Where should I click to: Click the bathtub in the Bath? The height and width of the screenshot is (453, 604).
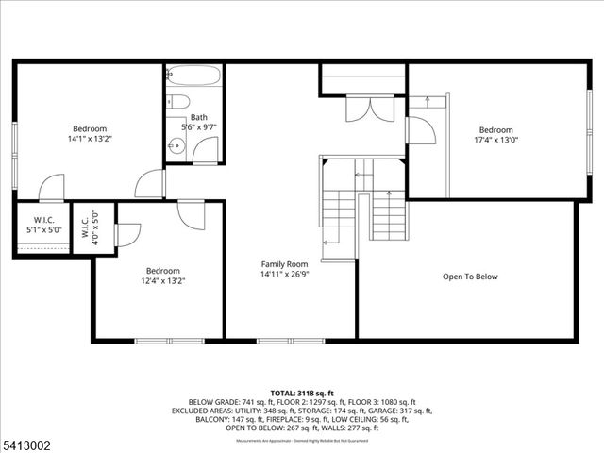193,76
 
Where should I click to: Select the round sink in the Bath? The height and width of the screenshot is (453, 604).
176,145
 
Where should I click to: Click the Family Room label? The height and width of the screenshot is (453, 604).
285,264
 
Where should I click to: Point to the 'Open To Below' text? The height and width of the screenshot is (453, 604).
470,277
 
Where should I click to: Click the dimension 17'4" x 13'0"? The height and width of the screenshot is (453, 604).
495,140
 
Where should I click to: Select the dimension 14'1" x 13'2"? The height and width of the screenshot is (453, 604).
90,139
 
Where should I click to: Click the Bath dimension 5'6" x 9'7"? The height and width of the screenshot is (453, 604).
198,126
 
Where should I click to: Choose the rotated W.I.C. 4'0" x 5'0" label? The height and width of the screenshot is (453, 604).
96,226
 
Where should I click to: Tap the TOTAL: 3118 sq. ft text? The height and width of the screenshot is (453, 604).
302,392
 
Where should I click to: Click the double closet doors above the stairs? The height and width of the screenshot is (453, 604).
364,109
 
